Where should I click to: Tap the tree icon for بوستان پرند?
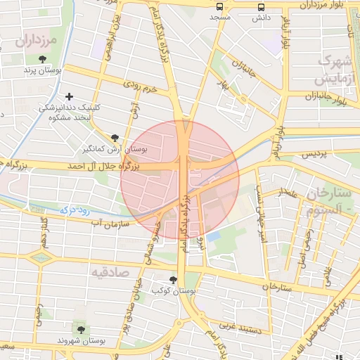click(x=44, y=59)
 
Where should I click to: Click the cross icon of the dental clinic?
click(x=68, y=96)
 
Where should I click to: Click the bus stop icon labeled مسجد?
click(x=221, y=6)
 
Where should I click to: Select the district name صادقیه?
click(x=110, y=269)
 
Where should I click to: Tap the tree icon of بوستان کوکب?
click(x=173, y=280)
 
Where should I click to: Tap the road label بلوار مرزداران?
click(x=323, y=5)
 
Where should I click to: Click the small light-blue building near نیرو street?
click(x=213, y=236)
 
